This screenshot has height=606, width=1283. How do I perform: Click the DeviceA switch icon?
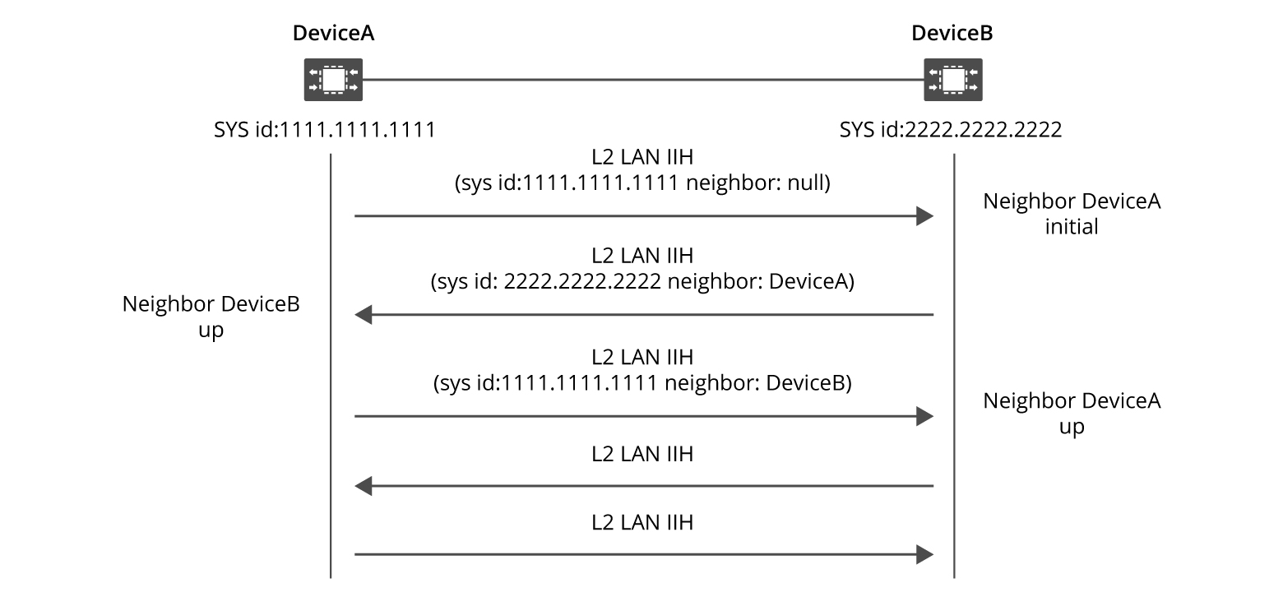pos(333,80)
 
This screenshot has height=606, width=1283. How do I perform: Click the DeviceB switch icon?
pos(952,80)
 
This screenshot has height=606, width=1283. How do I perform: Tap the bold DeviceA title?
pos(333,34)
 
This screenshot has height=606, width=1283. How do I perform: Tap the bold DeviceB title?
pos(952,34)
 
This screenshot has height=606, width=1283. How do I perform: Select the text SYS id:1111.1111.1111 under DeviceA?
pos(324,130)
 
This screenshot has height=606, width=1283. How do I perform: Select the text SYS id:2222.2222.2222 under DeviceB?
pos(950,130)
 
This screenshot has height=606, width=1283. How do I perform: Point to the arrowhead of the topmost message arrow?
pos(925,217)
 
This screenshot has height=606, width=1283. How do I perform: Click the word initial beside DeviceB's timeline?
pos(1072,227)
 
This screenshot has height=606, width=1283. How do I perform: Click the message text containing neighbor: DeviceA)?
pos(643,283)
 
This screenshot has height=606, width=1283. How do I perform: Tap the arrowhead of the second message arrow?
pos(363,315)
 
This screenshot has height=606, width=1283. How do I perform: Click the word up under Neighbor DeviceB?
pos(211,331)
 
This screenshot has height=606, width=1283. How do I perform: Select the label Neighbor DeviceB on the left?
pos(211,304)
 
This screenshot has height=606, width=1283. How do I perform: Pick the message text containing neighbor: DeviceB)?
pos(642,383)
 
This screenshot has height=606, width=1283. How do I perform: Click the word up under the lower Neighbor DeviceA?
pos(1072,428)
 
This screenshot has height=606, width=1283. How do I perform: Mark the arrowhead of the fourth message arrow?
pos(363,486)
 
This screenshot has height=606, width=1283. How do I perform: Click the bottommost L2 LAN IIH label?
pos(642,522)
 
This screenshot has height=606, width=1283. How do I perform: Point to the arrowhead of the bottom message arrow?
pos(925,555)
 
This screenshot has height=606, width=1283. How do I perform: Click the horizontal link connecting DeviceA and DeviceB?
pos(641,80)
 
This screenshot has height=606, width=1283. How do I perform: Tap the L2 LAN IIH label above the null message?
pos(642,159)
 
